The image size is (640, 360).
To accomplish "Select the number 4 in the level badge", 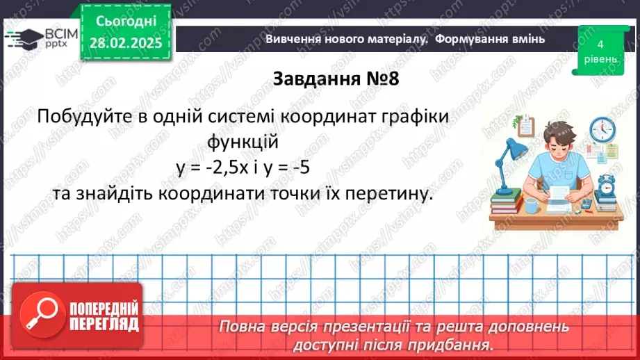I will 600,44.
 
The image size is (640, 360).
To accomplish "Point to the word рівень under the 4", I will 600,59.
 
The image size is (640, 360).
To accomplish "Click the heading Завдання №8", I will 336,79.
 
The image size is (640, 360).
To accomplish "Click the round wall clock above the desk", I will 602,129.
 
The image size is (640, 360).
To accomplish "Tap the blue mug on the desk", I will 532,204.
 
